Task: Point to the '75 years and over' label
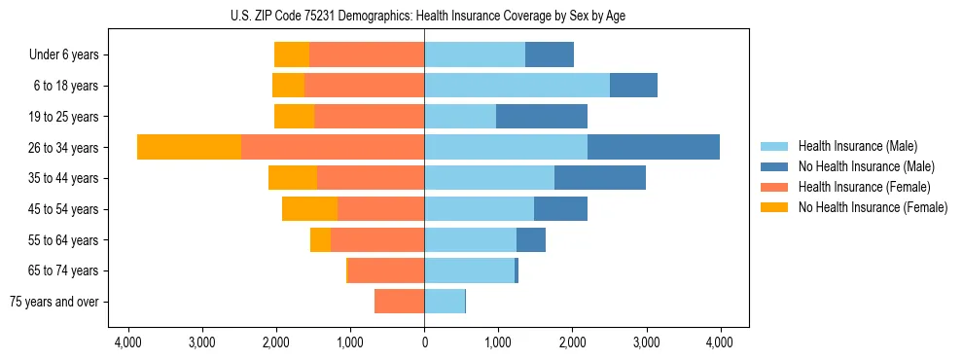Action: (x=54, y=302)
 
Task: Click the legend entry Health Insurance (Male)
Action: (x=857, y=146)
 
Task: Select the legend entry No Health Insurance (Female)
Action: (x=873, y=207)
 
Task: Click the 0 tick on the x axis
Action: (x=424, y=342)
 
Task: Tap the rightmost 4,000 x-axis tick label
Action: (x=720, y=342)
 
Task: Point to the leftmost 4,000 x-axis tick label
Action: (x=127, y=342)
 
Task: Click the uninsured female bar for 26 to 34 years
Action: (x=189, y=147)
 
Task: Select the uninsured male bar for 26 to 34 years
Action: (x=654, y=147)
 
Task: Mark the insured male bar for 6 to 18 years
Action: (x=517, y=85)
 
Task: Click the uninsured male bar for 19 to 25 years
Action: (x=542, y=116)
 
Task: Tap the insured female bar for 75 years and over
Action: (x=399, y=302)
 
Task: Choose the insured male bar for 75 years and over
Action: (x=445, y=302)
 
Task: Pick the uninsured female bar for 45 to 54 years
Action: (x=309, y=208)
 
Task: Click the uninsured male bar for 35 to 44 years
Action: (x=600, y=178)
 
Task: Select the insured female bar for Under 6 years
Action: (x=367, y=54)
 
